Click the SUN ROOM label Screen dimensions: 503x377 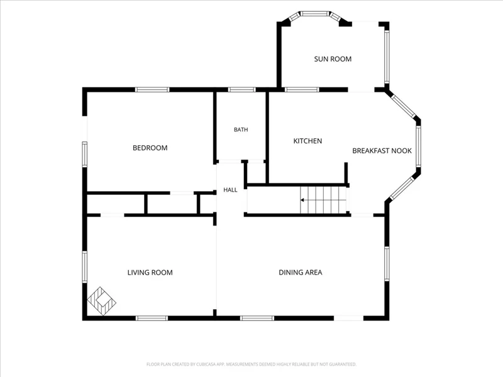pyautogui.click(x=333, y=59)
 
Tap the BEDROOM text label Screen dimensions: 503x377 pyautogui.click(x=150, y=148)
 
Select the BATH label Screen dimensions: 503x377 pyautogui.click(x=241, y=129)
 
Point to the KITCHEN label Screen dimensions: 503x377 pyautogui.click(x=307, y=141)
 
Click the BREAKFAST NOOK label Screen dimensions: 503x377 pyautogui.click(x=382, y=151)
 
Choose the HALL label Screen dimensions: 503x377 pyautogui.click(x=230, y=190)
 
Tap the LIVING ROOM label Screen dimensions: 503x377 pyautogui.click(x=150, y=273)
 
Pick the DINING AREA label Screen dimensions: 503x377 pyautogui.click(x=301, y=273)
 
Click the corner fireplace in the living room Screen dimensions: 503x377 pyautogui.click(x=101, y=301)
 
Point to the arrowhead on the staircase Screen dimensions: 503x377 pyautogui.click(x=302, y=200)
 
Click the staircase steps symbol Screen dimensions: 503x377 pyautogui.click(x=323, y=200)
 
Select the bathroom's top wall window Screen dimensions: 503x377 pyautogui.click(x=241, y=89)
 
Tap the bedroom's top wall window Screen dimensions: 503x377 pyautogui.click(x=152, y=89)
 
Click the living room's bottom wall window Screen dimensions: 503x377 pyautogui.click(x=152, y=318)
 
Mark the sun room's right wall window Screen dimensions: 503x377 pyautogui.click(x=387, y=57)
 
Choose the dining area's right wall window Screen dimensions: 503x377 pyautogui.click(x=387, y=264)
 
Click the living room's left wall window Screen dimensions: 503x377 pyautogui.click(x=85, y=266)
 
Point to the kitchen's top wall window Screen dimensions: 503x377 pyautogui.click(x=302, y=89)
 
